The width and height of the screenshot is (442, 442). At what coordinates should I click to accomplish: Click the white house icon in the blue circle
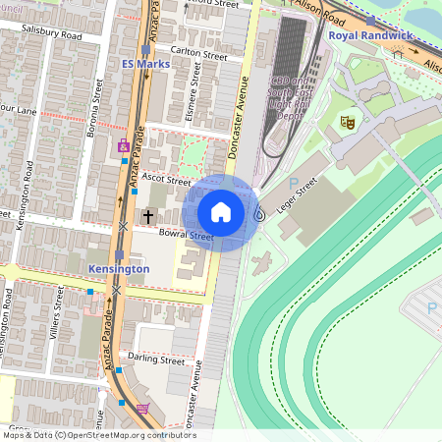click(221, 212)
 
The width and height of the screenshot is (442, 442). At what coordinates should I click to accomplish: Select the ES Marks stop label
click(145, 64)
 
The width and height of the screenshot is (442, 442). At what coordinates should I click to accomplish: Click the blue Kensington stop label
click(119, 268)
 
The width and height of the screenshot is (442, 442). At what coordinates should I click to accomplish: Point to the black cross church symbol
click(149, 215)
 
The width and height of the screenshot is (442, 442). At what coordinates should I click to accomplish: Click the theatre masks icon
click(346, 122)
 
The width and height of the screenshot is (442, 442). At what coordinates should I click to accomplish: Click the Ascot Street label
click(166, 181)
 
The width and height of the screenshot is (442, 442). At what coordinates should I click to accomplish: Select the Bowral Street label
click(188, 237)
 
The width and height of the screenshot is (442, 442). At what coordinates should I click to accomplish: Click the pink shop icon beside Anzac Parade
click(124, 148)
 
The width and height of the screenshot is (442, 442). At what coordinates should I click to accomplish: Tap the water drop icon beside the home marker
click(259, 213)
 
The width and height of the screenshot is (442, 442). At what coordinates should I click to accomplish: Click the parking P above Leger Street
click(294, 182)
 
